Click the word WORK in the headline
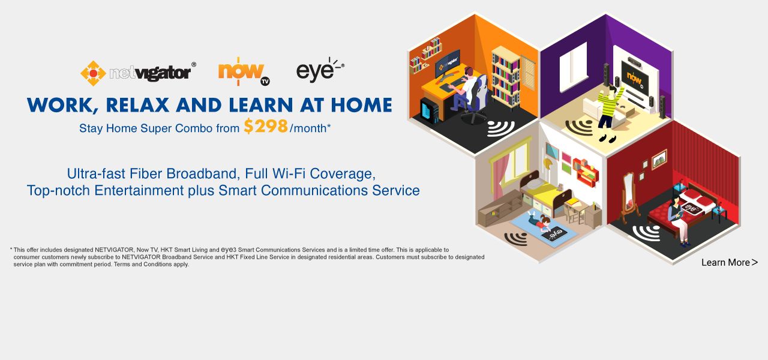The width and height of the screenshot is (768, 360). [59, 105]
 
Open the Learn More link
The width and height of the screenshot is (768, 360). [729, 262]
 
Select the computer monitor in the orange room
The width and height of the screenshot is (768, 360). [448, 64]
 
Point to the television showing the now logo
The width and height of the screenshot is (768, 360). [635, 77]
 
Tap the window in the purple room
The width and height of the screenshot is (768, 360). [573, 67]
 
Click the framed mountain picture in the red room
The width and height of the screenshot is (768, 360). [659, 159]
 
